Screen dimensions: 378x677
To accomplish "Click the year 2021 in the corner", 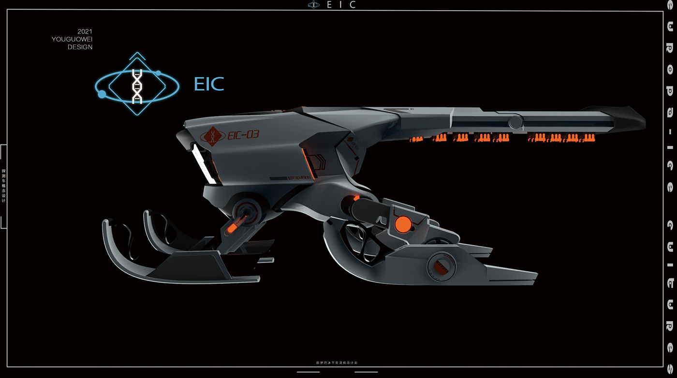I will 85,31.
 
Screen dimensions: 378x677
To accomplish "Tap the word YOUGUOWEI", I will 72,39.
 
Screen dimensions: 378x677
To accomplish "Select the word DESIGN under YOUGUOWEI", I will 80,47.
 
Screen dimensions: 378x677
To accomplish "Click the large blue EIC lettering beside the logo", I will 209,84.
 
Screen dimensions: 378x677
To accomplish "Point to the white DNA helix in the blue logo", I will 137,86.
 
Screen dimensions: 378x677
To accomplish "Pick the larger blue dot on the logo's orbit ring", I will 102,94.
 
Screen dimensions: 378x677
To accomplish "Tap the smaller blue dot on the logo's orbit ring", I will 158,73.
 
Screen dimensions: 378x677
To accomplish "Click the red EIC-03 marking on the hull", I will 243,135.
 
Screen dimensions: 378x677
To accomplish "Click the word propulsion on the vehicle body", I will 300,178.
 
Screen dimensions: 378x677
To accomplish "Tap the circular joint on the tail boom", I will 515,122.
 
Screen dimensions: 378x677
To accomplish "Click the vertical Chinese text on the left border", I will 4,186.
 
